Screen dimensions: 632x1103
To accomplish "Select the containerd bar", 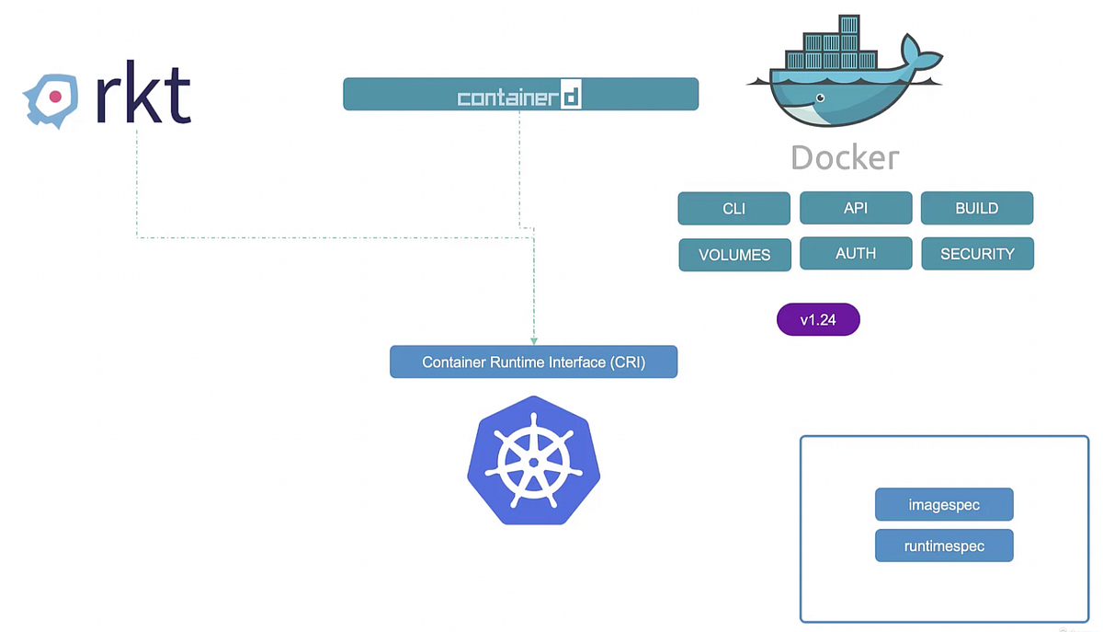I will (520, 94).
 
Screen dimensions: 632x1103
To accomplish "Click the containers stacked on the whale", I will (837, 41).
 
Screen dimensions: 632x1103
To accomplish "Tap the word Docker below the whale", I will (845, 158).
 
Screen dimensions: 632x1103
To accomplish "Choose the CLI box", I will (733, 208).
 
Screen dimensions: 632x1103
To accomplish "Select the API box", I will (856, 208).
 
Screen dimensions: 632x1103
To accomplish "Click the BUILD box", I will (977, 208).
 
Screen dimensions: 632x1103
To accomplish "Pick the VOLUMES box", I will (734, 255).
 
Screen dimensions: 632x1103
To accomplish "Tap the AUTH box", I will (856, 254).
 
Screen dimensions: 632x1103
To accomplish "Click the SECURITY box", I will (977, 254).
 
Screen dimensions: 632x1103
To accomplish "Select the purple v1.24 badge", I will (818, 320).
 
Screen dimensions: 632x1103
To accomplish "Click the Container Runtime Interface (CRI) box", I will (533, 362).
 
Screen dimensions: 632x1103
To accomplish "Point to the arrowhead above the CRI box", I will (534, 341).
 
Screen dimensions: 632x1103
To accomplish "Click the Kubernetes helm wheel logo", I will (533, 460).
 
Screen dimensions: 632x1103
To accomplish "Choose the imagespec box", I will (944, 505).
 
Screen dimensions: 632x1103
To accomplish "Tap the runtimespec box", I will (944, 546).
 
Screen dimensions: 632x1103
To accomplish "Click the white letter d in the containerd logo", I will (571, 97).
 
